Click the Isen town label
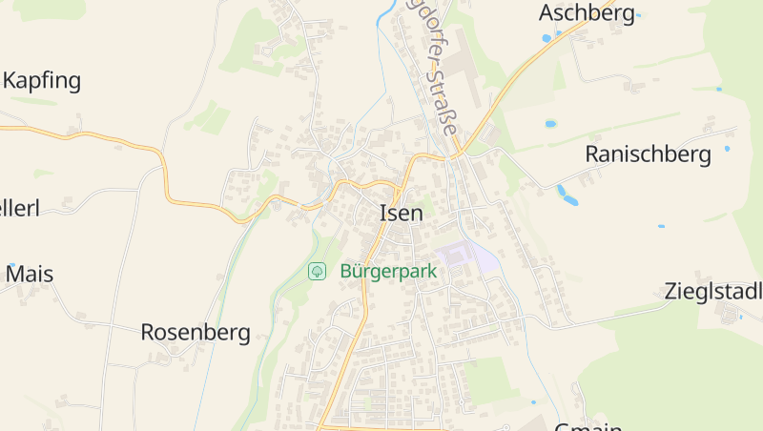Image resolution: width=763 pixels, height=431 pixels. click(401, 214)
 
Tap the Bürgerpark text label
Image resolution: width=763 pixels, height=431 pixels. click(388, 272)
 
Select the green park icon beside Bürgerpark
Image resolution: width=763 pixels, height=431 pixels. click(317, 272)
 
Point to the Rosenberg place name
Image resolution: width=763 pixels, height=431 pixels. click(196, 333)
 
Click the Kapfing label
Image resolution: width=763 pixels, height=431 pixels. click(42, 80)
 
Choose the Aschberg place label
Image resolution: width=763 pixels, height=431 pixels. click(587, 13)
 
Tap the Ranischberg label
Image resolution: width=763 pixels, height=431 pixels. click(649, 154)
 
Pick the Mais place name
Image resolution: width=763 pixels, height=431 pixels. click(30, 275)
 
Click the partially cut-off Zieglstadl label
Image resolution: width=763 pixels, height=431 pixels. click(713, 293)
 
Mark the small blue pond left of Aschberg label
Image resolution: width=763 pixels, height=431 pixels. click(546, 38)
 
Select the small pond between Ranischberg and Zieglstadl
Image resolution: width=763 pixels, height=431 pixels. click(661, 226)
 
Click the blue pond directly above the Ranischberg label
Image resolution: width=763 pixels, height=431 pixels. click(550, 124)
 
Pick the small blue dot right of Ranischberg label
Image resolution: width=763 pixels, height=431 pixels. click(727, 149)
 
